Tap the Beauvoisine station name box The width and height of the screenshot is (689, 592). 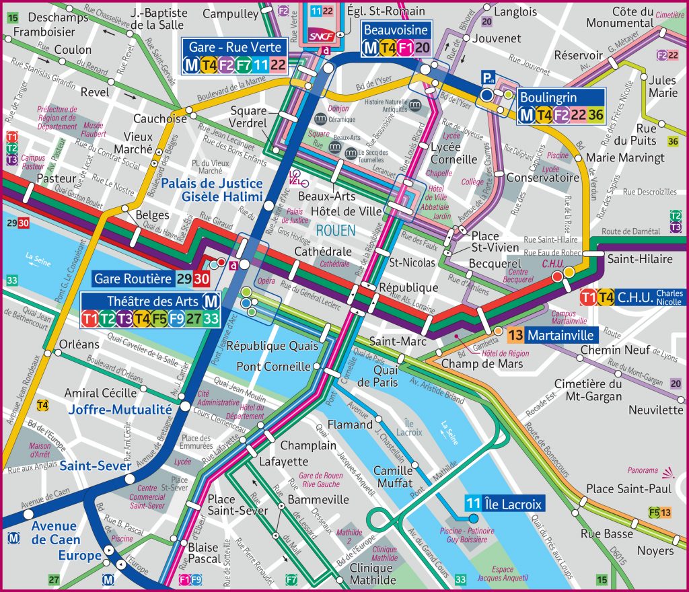396,30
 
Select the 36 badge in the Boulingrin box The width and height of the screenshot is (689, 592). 595,115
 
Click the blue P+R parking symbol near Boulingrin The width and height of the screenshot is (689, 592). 486,79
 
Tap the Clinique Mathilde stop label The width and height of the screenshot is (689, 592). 371,573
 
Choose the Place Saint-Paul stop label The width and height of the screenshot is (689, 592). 619,488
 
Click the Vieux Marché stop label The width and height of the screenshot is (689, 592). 133,142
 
